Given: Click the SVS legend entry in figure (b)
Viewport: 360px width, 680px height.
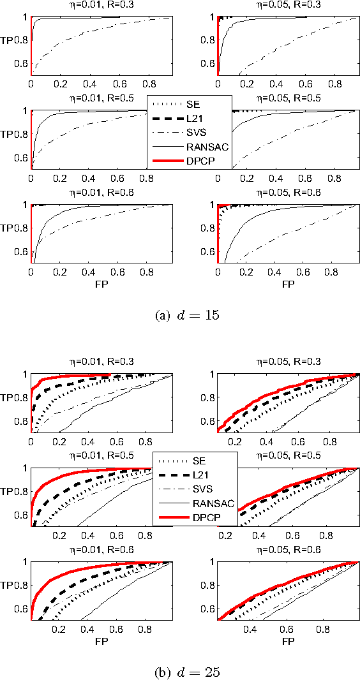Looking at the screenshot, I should coord(191,489).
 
